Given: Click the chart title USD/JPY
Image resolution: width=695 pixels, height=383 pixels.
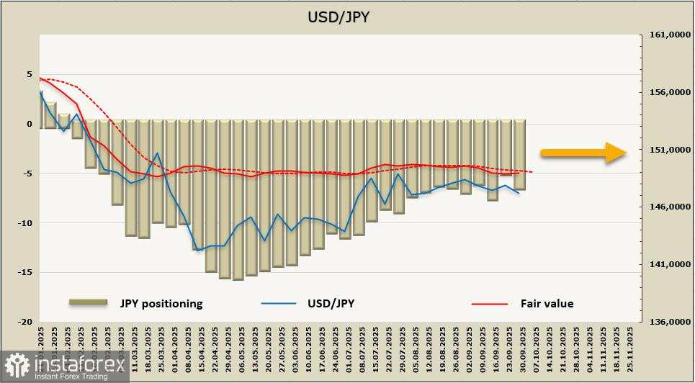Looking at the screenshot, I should pyautogui.click(x=338, y=17).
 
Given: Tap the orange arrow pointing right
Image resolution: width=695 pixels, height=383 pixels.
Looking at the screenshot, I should pyautogui.click(x=583, y=152).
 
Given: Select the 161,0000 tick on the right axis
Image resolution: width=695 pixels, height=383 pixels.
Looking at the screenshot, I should pyautogui.click(x=665, y=35).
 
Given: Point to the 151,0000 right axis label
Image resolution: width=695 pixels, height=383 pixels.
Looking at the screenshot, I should pyautogui.click(x=665, y=150).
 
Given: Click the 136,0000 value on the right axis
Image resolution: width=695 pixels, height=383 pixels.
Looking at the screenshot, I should pyautogui.click(x=665, y=322).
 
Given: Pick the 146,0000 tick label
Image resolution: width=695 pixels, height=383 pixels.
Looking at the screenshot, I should pyautogui.click(x=665, y=207).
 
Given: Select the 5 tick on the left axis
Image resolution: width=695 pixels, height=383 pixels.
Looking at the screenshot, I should pyautogui.click(x=30, y=74).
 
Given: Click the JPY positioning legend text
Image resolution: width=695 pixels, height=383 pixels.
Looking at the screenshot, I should pyautogui.click(x=161, y=303).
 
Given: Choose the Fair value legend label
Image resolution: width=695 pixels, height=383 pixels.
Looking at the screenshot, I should pyautogui.click(x=547, y=303).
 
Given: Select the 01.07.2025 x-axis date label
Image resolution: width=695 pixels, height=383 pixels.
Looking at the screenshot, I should pyautogui.click(x=346, y=346).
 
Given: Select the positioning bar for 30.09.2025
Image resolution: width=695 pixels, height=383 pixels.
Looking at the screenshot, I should pyautogui.click(x=519, y=155).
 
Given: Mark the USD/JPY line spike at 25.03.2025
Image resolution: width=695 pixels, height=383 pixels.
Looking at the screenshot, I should pyautogui.click(x=158, y=153).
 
